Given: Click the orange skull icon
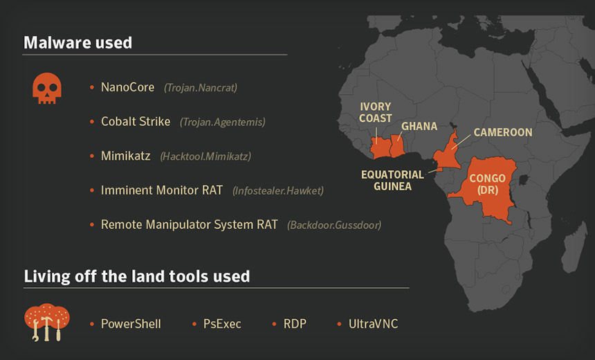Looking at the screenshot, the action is (x=47, y=89).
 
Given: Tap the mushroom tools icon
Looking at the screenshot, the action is (x=47, y=322).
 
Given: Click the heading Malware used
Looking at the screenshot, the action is (x=77, y=42).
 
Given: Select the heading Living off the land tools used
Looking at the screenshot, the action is (x=137, y=276).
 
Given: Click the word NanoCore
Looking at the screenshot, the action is (x=127, y=87).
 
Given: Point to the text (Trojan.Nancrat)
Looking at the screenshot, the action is (x=201, y=88).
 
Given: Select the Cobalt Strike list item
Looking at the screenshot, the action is (x=136, y=122).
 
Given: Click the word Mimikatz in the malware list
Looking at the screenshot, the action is (x=126, y=156).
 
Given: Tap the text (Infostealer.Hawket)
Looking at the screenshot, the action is (x=278, y=190).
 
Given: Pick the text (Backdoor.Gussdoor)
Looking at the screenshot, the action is (x=334, y=225).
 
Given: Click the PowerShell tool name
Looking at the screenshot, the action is (x=131, y=324).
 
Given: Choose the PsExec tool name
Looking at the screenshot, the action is (x=222, y=324).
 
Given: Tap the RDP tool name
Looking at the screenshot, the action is (x=295, y=324).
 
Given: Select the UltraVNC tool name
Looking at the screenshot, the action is (x=374, y=324).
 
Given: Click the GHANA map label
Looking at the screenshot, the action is (x=419, y=126).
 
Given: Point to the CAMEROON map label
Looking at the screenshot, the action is (x=503, y=132).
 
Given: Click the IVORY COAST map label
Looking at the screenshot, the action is (x=375, y=112).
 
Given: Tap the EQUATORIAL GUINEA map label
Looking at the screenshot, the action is (x=392, y=181).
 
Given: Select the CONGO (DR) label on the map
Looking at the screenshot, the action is (x=488, y=183).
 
